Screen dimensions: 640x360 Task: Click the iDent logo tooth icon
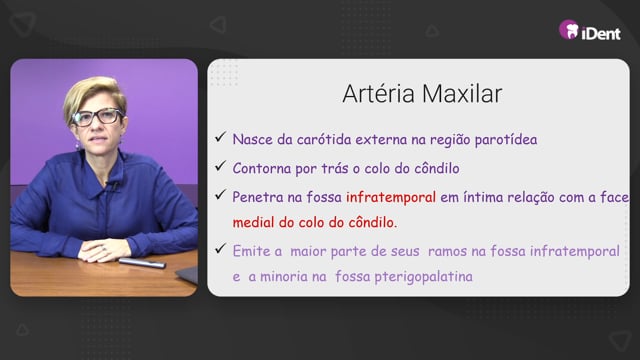[569, 29]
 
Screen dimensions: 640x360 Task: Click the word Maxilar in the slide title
[462, 94]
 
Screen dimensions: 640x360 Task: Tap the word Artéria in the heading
[379, 94]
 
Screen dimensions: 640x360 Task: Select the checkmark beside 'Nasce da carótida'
[220, 137]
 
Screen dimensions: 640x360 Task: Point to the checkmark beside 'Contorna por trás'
[220, 166]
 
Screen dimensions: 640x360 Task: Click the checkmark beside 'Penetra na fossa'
[220, 195]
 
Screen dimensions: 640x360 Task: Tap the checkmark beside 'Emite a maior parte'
[220, 248]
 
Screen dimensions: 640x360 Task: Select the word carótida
[324, 140]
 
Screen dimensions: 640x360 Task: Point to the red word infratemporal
[391, 198]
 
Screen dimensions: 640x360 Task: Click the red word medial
[253, 223]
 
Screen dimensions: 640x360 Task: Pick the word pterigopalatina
[423, 277]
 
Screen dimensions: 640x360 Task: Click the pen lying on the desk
[142, 263]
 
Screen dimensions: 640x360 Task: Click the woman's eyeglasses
[97, 117]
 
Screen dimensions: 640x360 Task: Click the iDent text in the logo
[601, 33]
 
